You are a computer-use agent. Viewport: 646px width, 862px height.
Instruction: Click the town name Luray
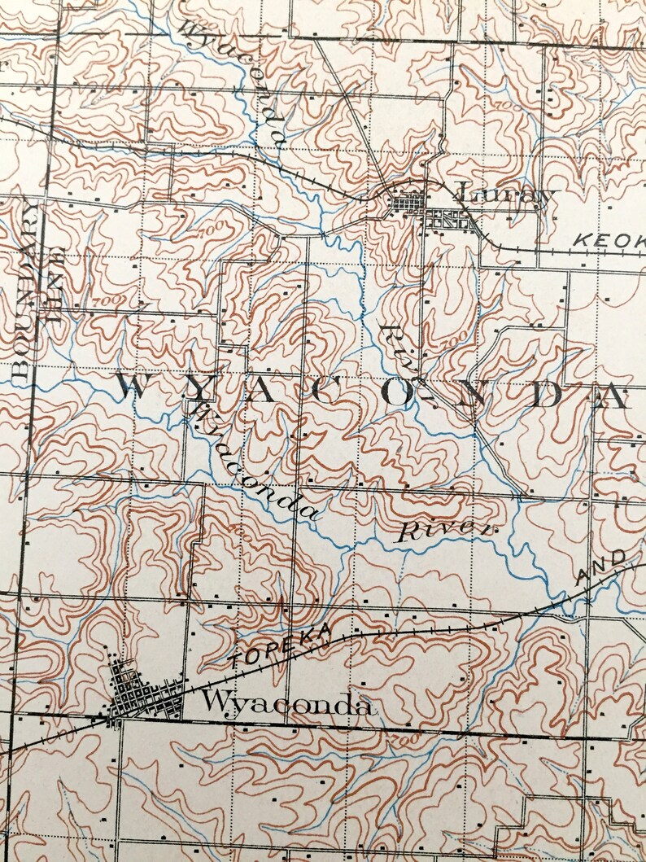[504, 195]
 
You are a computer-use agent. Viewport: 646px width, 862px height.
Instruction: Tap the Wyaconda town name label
[287, 703]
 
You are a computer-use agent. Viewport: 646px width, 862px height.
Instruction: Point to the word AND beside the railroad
[602, 568]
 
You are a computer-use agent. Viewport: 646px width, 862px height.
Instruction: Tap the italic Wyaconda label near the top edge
[232, 81]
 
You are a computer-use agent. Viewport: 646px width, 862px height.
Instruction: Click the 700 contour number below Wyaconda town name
[398, 741]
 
